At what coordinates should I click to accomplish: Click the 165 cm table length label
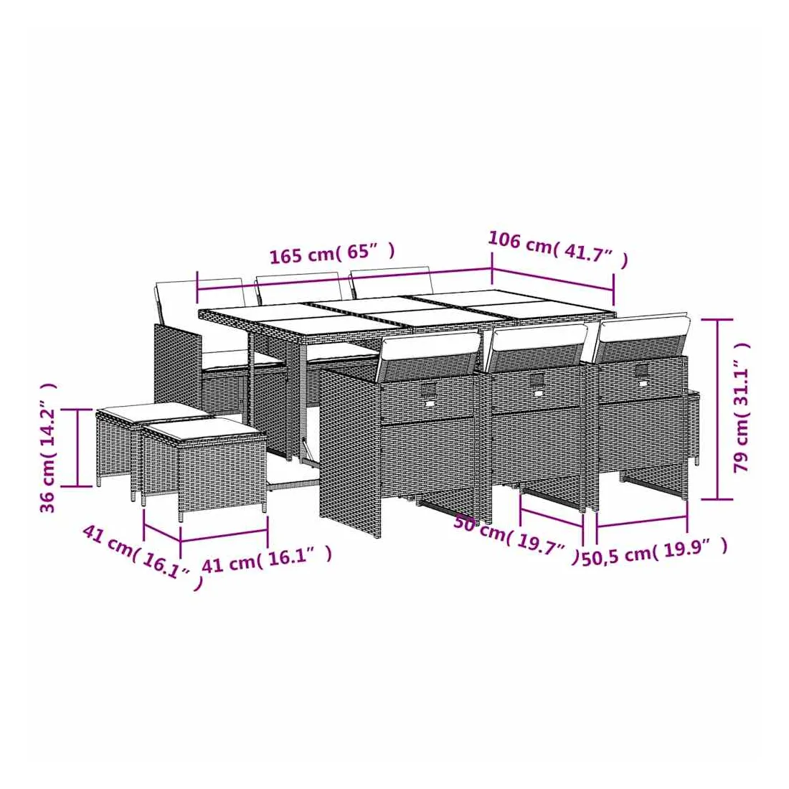click(332, 252)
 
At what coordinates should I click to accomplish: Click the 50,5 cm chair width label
click(655, 553)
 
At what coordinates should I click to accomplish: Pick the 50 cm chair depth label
click(516, 539)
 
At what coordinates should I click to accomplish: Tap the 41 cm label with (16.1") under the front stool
click(267, 558)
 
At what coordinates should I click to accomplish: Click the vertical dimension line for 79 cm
click(717, 409)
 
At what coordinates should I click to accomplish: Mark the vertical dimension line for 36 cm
click(77, 448)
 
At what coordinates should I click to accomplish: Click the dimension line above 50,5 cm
click(641, 521)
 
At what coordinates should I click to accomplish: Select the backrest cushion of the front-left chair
click(429, 353)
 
